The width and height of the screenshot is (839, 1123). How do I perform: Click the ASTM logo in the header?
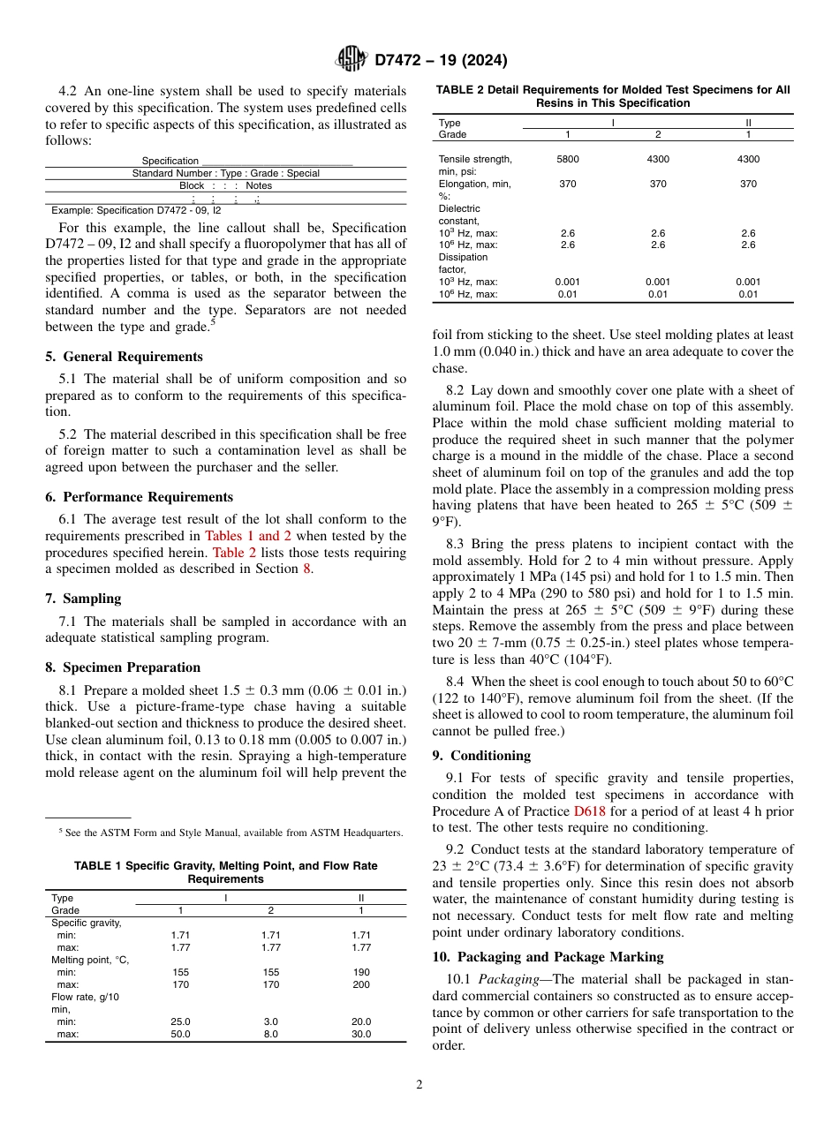click(351, 60)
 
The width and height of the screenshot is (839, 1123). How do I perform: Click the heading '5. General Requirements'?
click(124, 357)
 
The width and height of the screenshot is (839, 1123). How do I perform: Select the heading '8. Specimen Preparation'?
click(123, 667)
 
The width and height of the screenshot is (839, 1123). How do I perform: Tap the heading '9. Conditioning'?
click(481, 755)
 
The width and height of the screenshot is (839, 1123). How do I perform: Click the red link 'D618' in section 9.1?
click(587, 810)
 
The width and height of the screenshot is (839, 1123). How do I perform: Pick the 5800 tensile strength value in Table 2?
click(568, 159)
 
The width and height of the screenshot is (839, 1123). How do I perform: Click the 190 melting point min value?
click(360, 972)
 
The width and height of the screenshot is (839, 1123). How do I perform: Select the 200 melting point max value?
click(360, 984)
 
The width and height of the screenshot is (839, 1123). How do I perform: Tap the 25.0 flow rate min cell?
click(180, 1021)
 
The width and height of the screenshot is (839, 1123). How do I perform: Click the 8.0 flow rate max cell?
click(270, 1034)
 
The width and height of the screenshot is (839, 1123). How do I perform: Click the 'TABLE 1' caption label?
click(97, 867)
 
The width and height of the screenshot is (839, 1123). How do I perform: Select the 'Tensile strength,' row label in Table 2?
click(475, 159)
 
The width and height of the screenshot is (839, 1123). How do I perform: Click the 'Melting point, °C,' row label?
click(90, 960)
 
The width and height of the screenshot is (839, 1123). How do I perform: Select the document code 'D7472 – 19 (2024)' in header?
click(441, 60)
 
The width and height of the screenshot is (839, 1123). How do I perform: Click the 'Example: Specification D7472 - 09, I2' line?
click(136, 210)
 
